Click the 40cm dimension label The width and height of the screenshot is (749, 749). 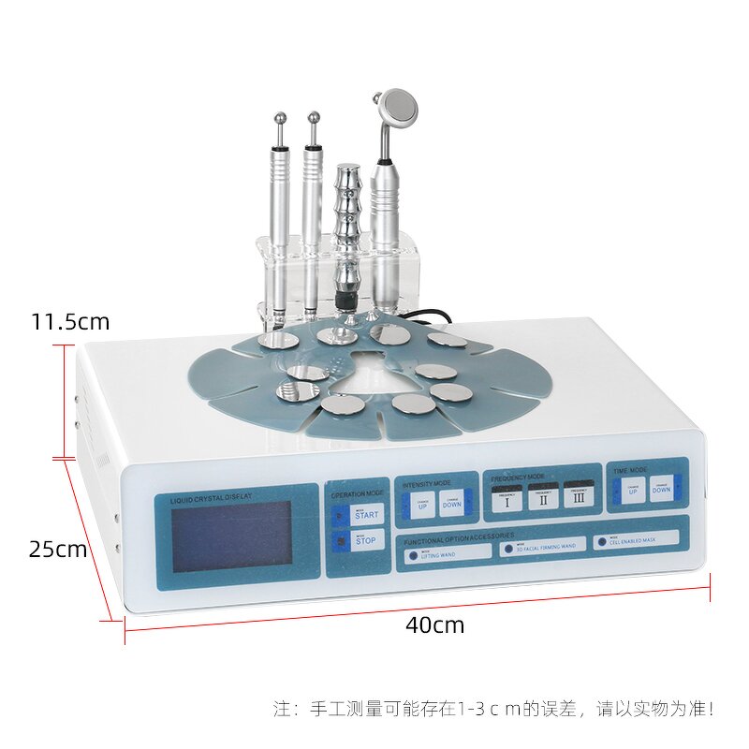pos(434,624)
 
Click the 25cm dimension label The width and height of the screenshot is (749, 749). pos(57,550)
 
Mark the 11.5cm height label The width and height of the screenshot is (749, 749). pos(69,322)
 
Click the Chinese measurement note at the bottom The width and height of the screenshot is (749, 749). pos(493,709)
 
